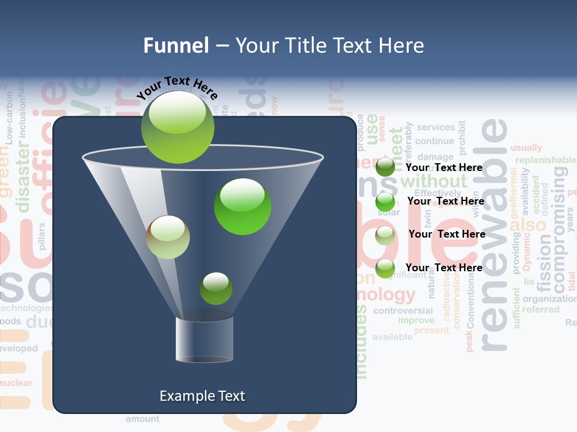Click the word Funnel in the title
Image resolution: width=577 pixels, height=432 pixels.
click(x=176, y=46)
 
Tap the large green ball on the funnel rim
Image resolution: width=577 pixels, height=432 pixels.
click(x=178, y=127)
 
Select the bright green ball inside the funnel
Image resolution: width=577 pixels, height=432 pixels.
click(x=242, y=206)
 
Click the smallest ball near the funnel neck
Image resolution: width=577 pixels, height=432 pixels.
click(x=216, y=289)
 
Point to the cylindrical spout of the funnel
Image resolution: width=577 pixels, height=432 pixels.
click(x=204, y=340)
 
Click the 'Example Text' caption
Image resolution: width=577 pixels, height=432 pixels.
click(x=202, y=396)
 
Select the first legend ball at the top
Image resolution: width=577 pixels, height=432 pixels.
click(x=385, y=167)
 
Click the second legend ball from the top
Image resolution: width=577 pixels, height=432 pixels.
click(x=385, y=202)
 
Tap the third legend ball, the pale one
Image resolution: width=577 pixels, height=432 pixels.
click(x=385, y=235)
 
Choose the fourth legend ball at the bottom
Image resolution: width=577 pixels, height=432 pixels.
click(x=385, y=268)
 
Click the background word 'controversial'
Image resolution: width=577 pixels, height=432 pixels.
click(x=403, y=311)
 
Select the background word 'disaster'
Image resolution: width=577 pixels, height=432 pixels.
click(x=23, y=178)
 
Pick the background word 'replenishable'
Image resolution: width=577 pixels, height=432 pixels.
click(x=545, y=160)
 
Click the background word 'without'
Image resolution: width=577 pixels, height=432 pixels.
click(x=433, y=181)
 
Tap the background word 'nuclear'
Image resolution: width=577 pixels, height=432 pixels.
click(x=16, y=383)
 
